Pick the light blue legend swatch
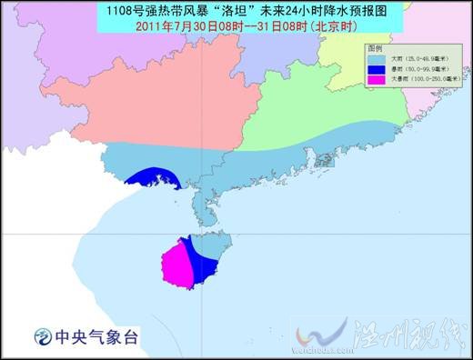pyautogui.click(x=375, y=56)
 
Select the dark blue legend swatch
pyautogui.click(x=375, y=68)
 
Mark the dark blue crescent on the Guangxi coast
pyautogui.click(x=151, y=178)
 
